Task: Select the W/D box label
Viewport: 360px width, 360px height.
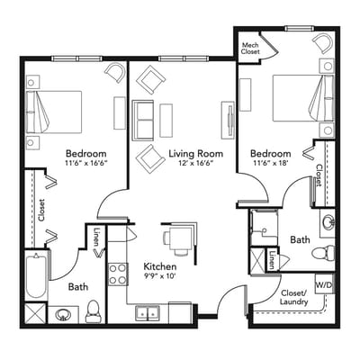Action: (322, 285)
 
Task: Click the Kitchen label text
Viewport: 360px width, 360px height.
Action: (160, 267)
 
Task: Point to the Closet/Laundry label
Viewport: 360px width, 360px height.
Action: (294, 298)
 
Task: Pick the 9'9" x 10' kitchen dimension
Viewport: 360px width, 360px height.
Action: (160, 278)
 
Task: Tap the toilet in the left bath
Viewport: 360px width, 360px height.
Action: (93, 311)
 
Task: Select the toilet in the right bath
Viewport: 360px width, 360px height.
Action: (317, 256)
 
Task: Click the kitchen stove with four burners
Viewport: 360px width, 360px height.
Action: (117, 272)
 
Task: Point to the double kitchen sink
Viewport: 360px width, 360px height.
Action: (149, 312)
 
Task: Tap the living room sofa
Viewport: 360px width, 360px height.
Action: (142, 117)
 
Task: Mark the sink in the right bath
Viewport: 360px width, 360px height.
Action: (328, 221)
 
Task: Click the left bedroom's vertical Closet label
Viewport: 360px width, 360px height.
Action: (43, 209)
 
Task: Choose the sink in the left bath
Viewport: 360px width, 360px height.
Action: (63, 314)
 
